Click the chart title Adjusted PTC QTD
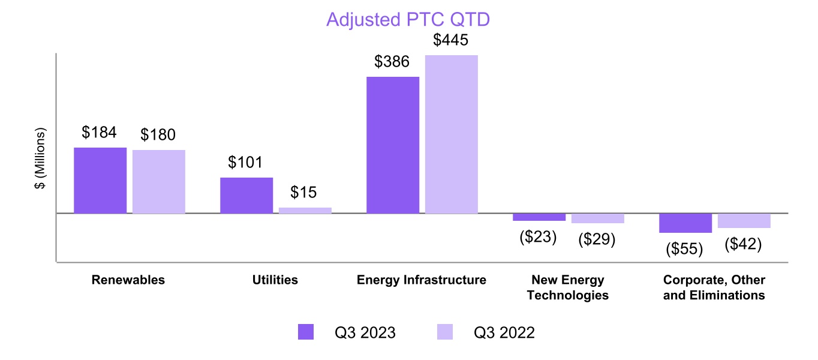pyautogui.click(x=408, y=20)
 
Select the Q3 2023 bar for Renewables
pyautogui.click(x=100, y=180)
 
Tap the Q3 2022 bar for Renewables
pyautogui.click(x=159, y=181)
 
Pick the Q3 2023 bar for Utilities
pyautogui.click(x=246, y=195)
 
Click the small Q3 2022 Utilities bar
pyautogui.click(x=305, y=210)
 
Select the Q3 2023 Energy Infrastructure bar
pyautogui.click(x=393, y=145)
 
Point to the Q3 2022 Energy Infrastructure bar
pyautogui.click(x=452, y=134)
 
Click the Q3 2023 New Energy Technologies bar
pyautogui.click(x=539, y=217)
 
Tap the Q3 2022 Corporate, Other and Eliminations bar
pyautogui.click(x=744, y=221)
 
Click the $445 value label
pyautogui.click(x=452, y=41)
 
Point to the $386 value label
pyautogui.click(x=393, y=62)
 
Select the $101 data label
pyautogui.click(x=246, y=163)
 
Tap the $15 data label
pyautogui.click(x=304, y=193)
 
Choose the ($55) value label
pyautogui.click(x=684, y=248)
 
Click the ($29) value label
pyautogui.click(x=597, y=239)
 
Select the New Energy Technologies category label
pyautogui.click(x=568, y=287)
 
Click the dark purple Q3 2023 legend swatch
pyautogui.click(x=306, y=332)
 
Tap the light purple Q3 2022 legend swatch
pyautogui.click(x=444, y=332)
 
